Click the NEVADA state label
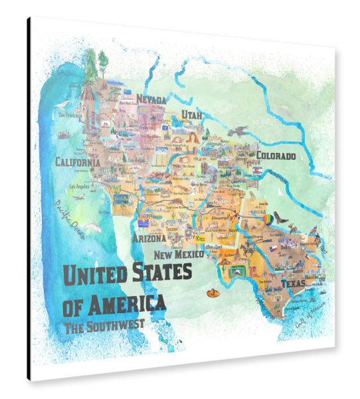151,100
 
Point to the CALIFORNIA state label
78,162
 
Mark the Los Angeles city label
78,187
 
